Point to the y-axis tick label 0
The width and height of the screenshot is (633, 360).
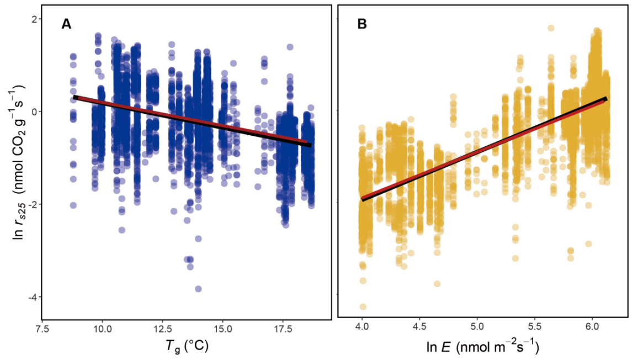tap(34, 112)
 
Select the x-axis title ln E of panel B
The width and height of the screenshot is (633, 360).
tap(483, 346)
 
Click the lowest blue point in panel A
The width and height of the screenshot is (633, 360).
tap(198, 289)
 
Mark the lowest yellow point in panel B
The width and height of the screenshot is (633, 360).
tap(362, 306)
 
